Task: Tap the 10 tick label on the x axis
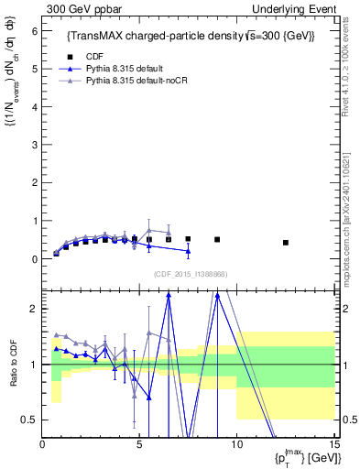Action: [x=237, y=443]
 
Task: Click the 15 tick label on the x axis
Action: [x=333, y=443]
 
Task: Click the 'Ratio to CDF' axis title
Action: [x=14, y=365]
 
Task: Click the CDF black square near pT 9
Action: [x=217, y=239]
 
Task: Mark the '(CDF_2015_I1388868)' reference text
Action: [x=190, y=274]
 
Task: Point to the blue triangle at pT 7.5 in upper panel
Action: [x=188, y=251]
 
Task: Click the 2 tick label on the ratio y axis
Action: [x=35, y=309]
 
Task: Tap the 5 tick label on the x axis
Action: [x=139, y=443]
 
